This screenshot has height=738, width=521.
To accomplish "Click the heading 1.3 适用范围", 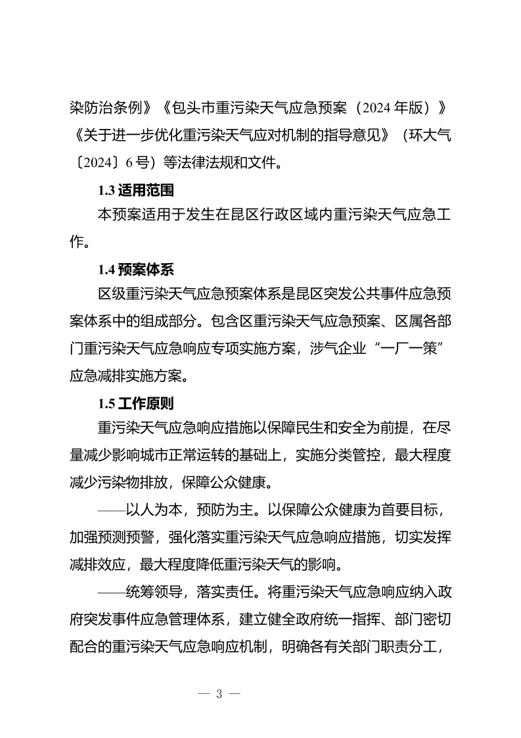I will click(x=136, y=191).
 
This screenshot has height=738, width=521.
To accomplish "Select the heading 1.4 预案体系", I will click(x=136, y=270).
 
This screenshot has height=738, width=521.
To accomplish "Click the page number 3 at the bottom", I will click(x=219, y=695).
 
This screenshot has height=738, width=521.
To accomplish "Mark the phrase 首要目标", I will click(x=397, y=510).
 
